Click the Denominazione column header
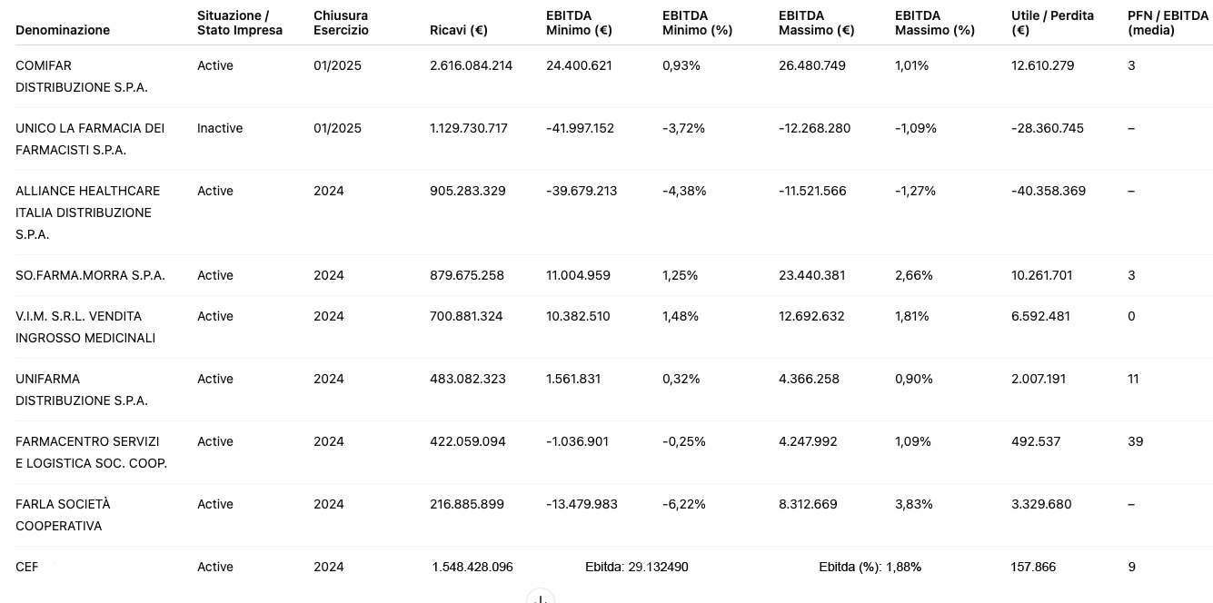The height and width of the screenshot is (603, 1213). pyautogui.click(x=63, y=30)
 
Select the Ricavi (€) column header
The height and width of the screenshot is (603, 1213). pyautogui.click(x=459, y=30)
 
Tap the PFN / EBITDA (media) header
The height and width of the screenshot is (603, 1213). pyautogui.click(x=1168, y=23)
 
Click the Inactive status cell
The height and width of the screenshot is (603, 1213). pyautogui.click(x=220, y=128)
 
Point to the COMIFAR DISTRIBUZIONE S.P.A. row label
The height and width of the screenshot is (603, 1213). pyautogui.click(x=81, y=76)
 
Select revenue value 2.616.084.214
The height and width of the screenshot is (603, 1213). pyautogui.click(x=472, y=65)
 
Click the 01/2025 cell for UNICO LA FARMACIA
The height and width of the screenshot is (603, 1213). pyautogui.click(x=337, y=128)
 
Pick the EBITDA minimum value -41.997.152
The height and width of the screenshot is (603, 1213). pyautogui.click(x=580, y=128)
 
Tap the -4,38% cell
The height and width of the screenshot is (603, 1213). pyautogui.click(x=684, y=191)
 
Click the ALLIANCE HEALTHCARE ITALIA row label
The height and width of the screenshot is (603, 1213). pyautogui.click(x=88, y=213)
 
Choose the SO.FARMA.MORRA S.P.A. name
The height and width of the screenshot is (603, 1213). pyautogui.click(x=90, y=275)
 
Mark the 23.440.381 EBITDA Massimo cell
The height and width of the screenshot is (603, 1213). pyautogui.click(x=811, y=275)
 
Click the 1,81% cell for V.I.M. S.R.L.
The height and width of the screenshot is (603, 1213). pyautogui.click(x=912, y=316)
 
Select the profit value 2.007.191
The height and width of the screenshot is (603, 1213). pyautogui.click(x=1038, y=379)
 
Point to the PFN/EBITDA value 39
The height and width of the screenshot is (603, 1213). pyautogui.click(x=1136, y=441)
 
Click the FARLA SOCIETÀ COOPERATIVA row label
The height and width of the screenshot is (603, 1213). pyautogui.click(x=63, y=515)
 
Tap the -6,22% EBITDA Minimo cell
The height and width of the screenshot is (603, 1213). pyautogui.click(x=684, y=505)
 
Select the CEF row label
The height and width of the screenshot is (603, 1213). pyautogui.click(x=27, y=567)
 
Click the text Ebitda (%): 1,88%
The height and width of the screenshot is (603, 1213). pyautogui.click(x=870, y=567)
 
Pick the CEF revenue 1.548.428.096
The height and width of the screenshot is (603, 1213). pyautogui.click(x=472, y=567)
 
